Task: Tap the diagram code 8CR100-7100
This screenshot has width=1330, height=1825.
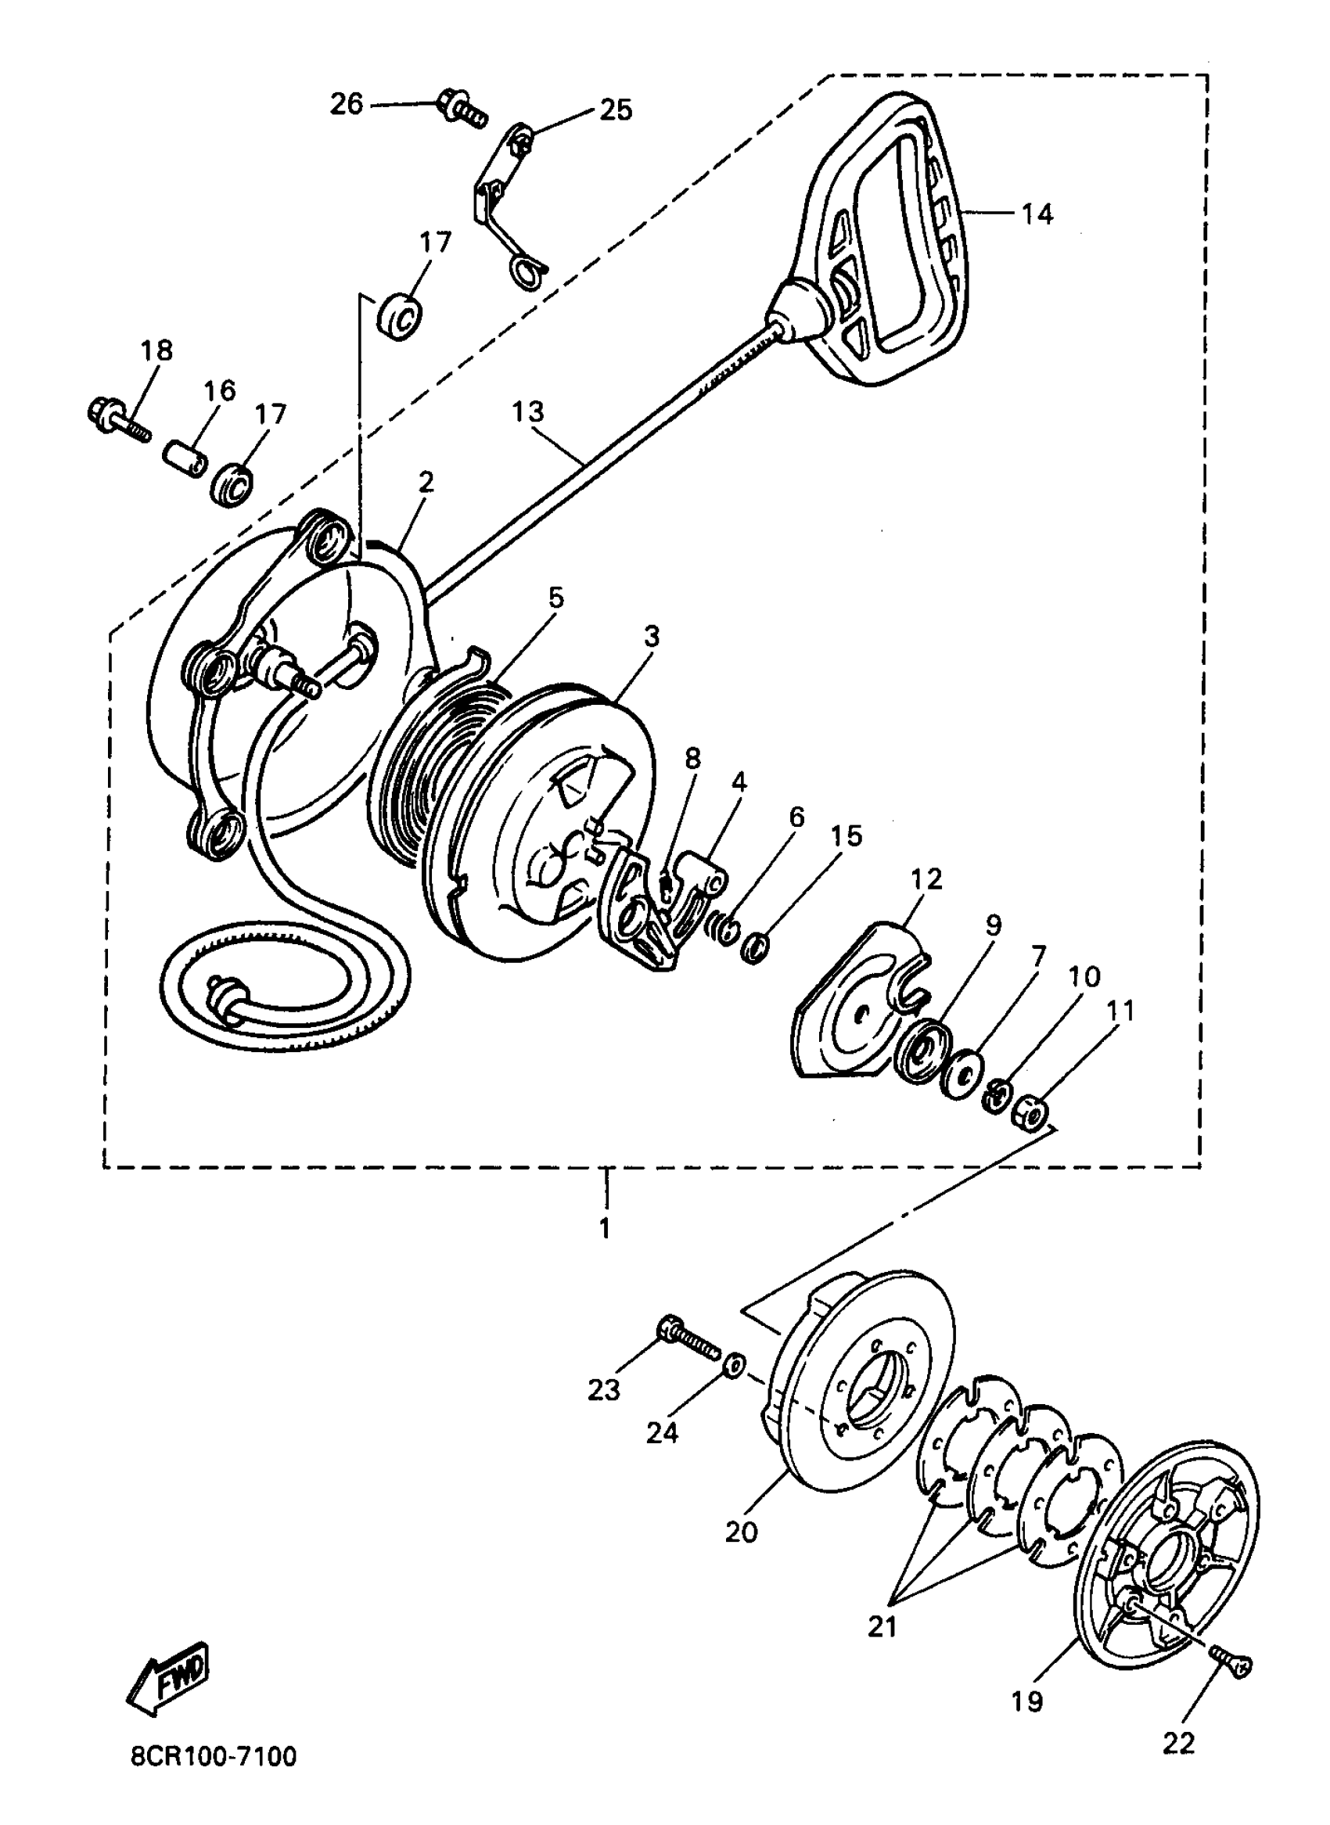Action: pos(214,1778)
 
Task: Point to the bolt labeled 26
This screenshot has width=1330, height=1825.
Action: pos(462,109)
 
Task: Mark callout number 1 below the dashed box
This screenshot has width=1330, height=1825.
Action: pos(605,1229)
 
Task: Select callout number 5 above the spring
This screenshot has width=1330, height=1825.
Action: pos(555,598)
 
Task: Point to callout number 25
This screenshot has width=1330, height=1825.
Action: pos(616,110)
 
